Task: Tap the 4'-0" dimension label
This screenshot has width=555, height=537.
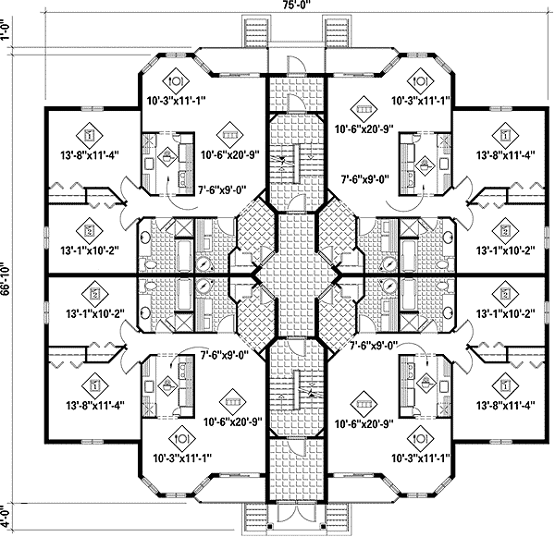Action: pos(8,514)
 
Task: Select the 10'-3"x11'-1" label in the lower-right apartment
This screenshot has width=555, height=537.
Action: pos(422,457)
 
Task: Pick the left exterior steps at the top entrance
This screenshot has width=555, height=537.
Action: pos(253,32)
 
